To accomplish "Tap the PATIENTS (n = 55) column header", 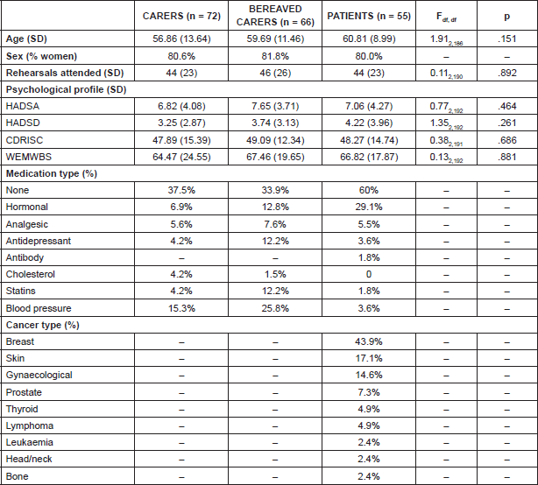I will pyautogui.click(x=366, y=18).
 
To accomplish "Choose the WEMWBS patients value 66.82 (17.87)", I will pyautogui.click(x=366, y=157).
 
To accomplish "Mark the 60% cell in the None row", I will pyautogui.click(x=366, y=190).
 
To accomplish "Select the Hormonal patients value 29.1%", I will pyautogui.click(x=366, y=207).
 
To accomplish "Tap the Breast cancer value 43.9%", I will pyautogui.click(x=366, y=341).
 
